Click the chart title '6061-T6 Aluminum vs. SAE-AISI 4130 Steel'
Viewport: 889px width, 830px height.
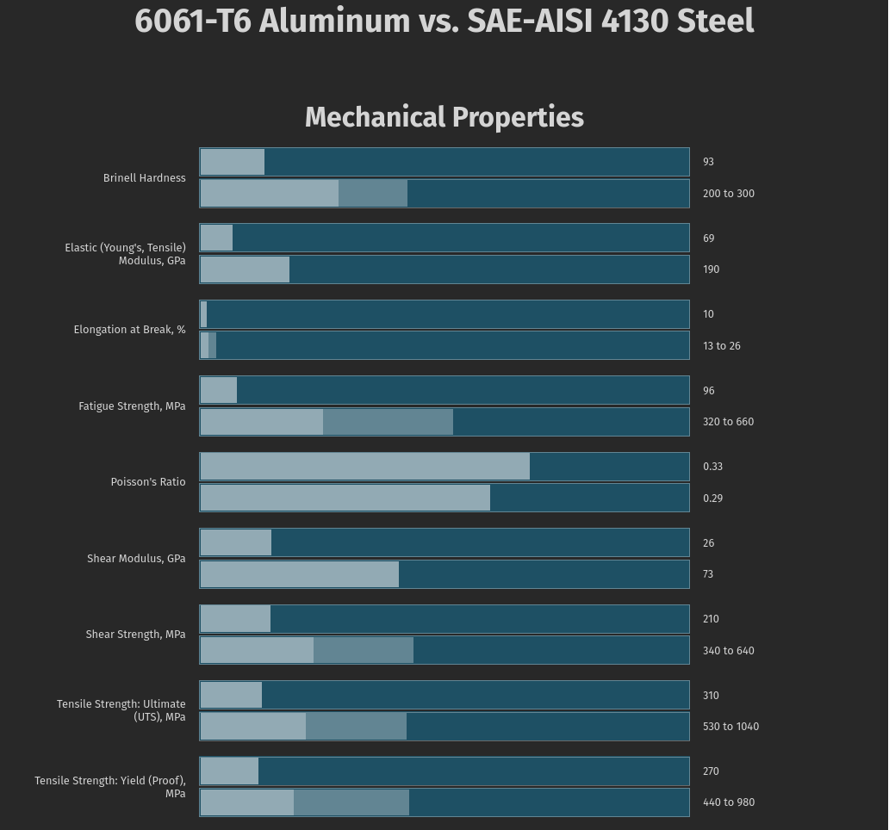point(444,21)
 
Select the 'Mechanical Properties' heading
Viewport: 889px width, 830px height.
point(444,117)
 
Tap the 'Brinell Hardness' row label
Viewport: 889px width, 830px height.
point(144,178)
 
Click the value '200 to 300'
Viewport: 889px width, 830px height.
point(728,194)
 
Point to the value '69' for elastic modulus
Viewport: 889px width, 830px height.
point(708,238)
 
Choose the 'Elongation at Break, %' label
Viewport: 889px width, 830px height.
point(129,330)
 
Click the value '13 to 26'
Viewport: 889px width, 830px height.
point(721,346)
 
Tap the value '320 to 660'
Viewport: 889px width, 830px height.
point(728,422)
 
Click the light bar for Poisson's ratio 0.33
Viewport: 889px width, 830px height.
point(364,467)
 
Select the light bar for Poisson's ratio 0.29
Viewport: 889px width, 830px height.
point(345,499)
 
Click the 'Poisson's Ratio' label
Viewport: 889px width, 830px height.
point(147,482)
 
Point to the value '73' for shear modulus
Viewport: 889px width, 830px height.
point(708,574)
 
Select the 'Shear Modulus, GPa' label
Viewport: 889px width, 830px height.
point(136,559)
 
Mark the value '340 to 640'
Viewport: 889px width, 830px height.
point(728,651)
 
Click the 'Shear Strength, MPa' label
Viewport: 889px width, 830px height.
point(135,635)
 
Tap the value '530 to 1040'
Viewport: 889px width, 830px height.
point(730,727)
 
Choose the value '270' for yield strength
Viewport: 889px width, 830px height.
point(711,771)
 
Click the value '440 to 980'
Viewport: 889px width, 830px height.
point(728,802)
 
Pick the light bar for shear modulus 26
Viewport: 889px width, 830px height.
point(235,543)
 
